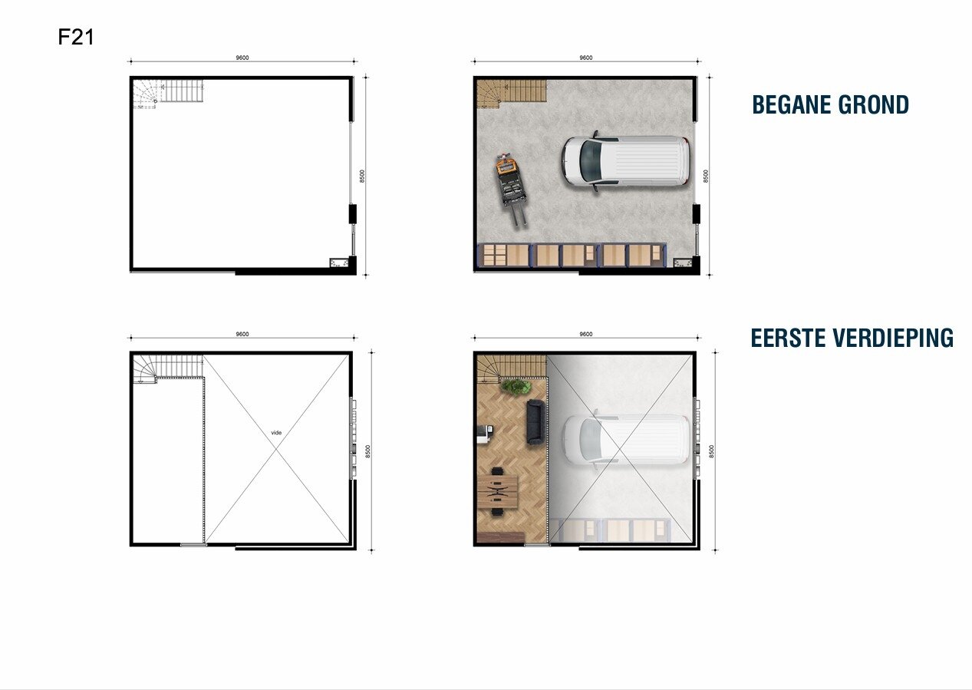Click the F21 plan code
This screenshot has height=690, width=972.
(76, 37)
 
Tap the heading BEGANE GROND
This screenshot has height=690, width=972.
(831, 104)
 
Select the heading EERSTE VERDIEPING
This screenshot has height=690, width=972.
(852, 338)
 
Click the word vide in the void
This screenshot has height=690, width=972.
(276, 433)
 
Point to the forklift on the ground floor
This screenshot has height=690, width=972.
(511, 189)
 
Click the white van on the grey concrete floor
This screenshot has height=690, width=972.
(624, 162)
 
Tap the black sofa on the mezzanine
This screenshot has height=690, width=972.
(535, 422)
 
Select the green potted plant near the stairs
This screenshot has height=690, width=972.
(515, 386)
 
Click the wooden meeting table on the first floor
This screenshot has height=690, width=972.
(497, 490)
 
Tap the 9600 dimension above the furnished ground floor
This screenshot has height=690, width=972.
(586, 58)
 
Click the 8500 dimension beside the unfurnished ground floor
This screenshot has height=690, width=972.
(362, 176)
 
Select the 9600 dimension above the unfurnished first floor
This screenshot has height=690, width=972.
(242, 334)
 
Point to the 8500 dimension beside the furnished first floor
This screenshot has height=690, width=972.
(711, 451)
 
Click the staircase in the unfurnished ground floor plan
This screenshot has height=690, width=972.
(167, 93)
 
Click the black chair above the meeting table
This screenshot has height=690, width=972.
(497, 470)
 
